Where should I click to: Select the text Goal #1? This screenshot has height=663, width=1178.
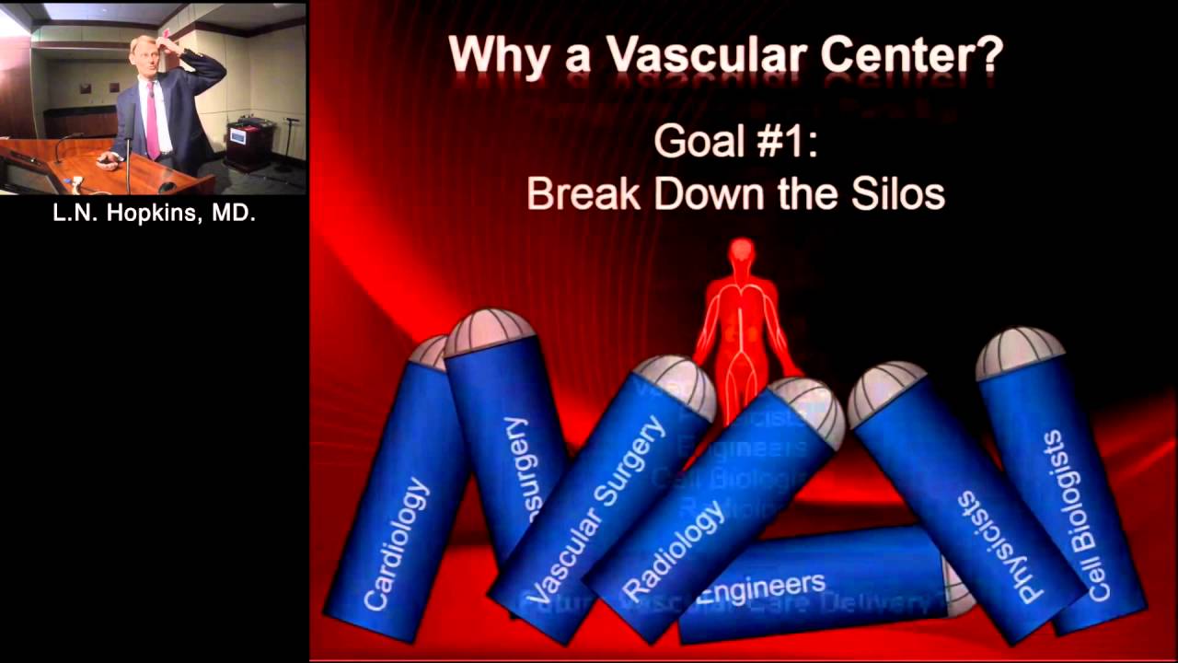click(x=735, y=143)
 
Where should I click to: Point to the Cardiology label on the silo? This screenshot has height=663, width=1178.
click(x=397, y=543)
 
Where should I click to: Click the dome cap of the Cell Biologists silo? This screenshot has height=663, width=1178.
click(x=1019, y=351)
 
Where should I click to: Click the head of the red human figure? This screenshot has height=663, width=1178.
click(x=741, y=252)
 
